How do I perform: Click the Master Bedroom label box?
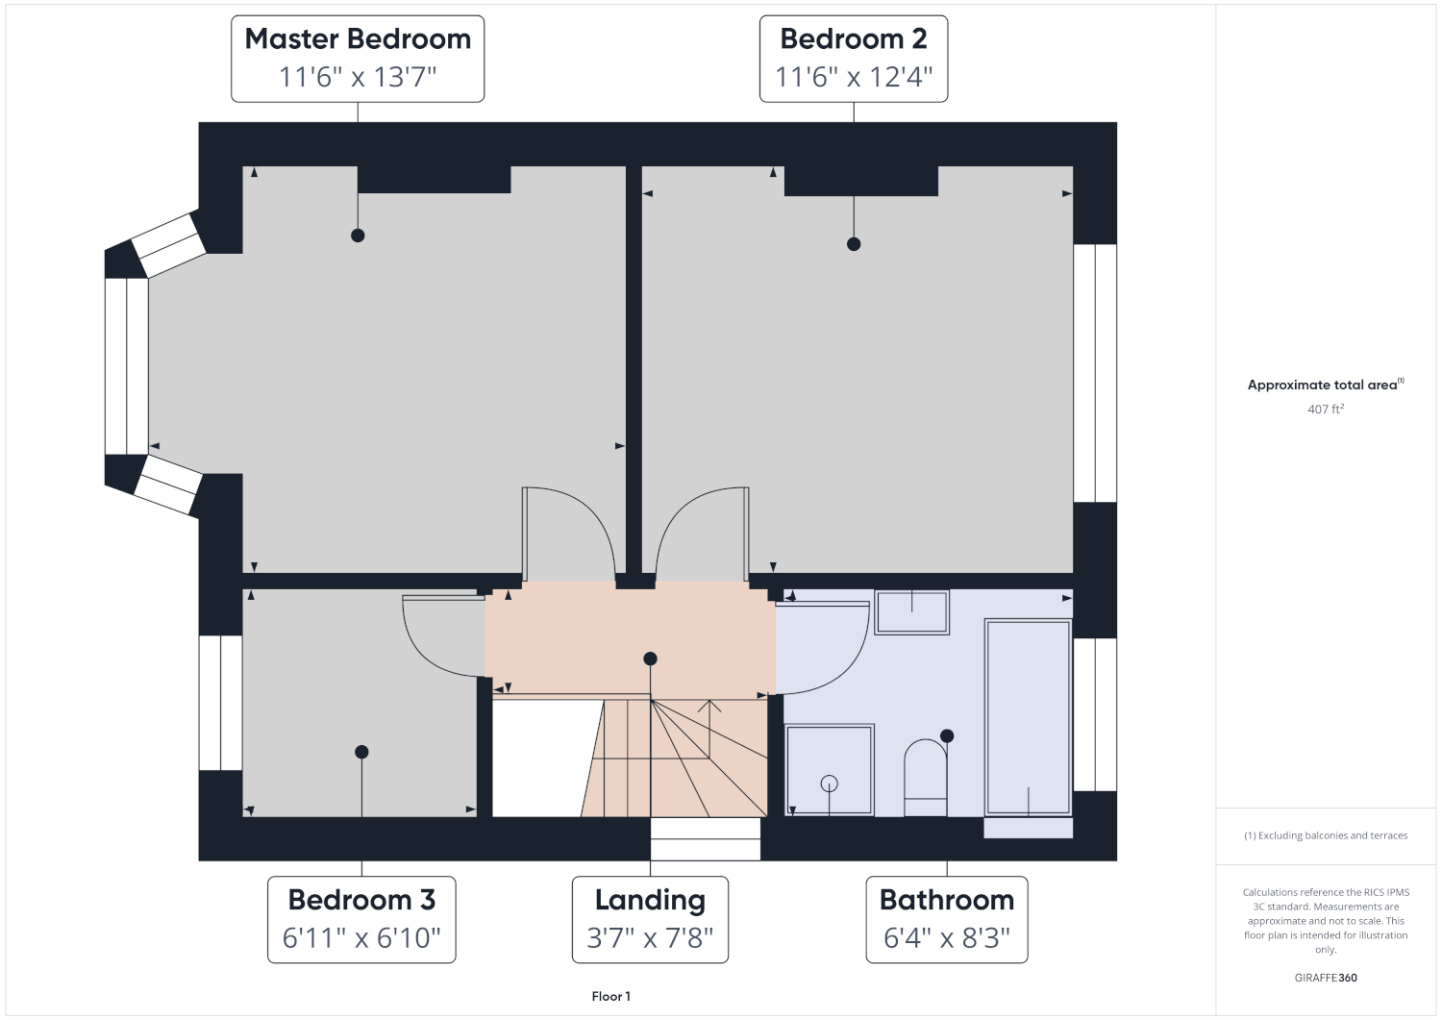(x=358, y=59)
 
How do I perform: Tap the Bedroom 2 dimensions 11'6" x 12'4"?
(x=854, y=77)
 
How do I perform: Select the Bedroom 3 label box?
(x=361, y=919)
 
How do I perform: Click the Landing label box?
(x=650, y=919)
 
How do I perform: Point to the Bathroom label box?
(x=946, y=919)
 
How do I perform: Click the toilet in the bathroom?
(x=926, y=778)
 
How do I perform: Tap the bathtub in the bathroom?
(x=1028, y=717)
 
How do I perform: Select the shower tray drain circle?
(x=829, y=784)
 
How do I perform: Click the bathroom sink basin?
(x=911, y=612)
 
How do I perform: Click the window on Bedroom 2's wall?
(x=1095, y=373)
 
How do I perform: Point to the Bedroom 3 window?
(x=221, y=703)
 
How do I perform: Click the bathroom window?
(x=1095, y=714)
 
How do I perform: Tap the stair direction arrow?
(x=709, y=729)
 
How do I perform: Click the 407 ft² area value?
(x=1326, y=409)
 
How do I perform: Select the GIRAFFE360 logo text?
(x=1326, y=978)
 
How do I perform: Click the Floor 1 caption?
(x=610, y=996)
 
